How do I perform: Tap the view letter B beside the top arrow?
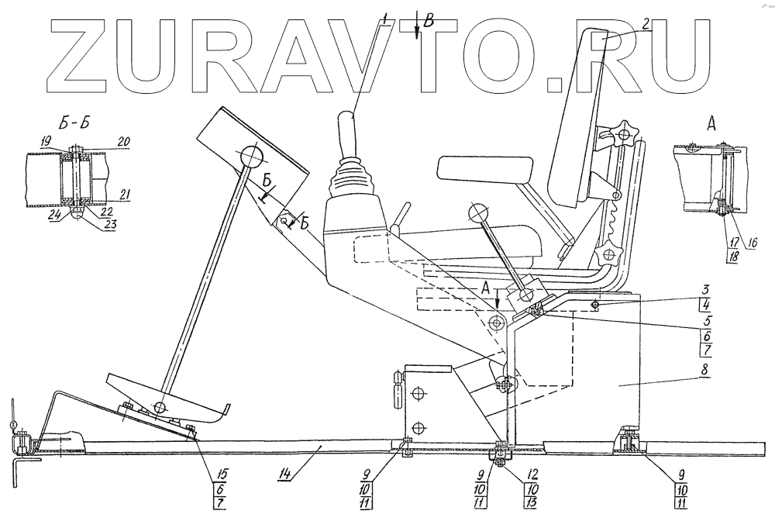point(431,20)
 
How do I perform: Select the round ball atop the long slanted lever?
point(253,157)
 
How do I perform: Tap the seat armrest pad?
point(486,167)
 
